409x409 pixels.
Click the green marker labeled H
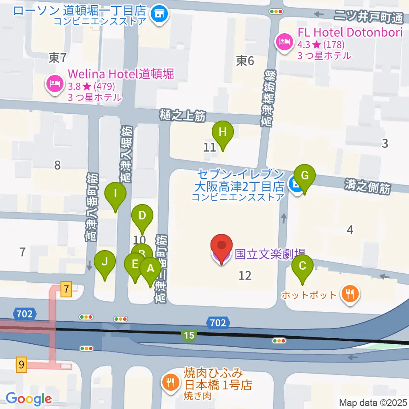click(x=222, y=132)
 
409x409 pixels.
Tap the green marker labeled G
click(x=304, y=176)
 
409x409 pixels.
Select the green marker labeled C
click(x=302, y=267)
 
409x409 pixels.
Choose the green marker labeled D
click(x=142, y=216)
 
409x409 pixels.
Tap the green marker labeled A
click(x=150, y=269)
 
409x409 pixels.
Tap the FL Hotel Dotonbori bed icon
click(x=283, y=41)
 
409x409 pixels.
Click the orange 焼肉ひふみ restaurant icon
click(x=171, y=380)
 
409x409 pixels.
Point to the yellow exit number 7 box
click(x=66, y=289)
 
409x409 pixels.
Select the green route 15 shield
click(x=189, y=335)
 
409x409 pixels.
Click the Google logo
click(x=29, y=399)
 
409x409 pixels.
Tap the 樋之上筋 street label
click(x=183, y=115)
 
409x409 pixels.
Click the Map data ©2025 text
click(x=373, y=402)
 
